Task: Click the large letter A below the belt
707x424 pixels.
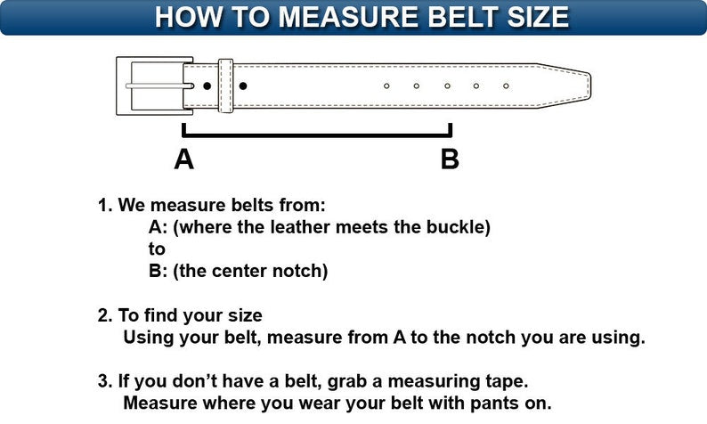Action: pos(183,159)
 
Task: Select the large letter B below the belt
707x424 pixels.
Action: pos(451,159)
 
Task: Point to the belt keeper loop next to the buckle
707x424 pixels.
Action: pos(225,86)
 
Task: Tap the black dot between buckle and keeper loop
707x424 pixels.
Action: pos(207,86)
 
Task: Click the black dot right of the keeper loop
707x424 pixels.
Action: pos(243,86)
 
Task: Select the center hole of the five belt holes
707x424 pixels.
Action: pos(447,86)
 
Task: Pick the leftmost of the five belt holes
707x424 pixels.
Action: pos(386,86)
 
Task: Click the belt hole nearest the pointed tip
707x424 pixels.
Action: pos(506,86)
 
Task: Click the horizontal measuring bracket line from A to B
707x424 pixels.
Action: pos(316,136)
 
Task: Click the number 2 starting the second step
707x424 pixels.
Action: pos(102,315)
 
